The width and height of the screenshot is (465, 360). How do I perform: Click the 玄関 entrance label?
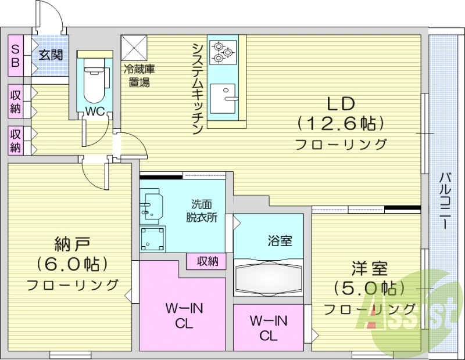51,56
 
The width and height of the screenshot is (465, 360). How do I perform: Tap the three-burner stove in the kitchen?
221,51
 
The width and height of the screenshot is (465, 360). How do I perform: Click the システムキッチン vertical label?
198,87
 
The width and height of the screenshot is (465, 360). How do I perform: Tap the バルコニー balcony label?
445,200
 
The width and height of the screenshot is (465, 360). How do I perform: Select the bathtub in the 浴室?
268,278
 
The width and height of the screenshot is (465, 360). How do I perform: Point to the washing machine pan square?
152,237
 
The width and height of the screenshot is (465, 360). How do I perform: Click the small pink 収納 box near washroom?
206,262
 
